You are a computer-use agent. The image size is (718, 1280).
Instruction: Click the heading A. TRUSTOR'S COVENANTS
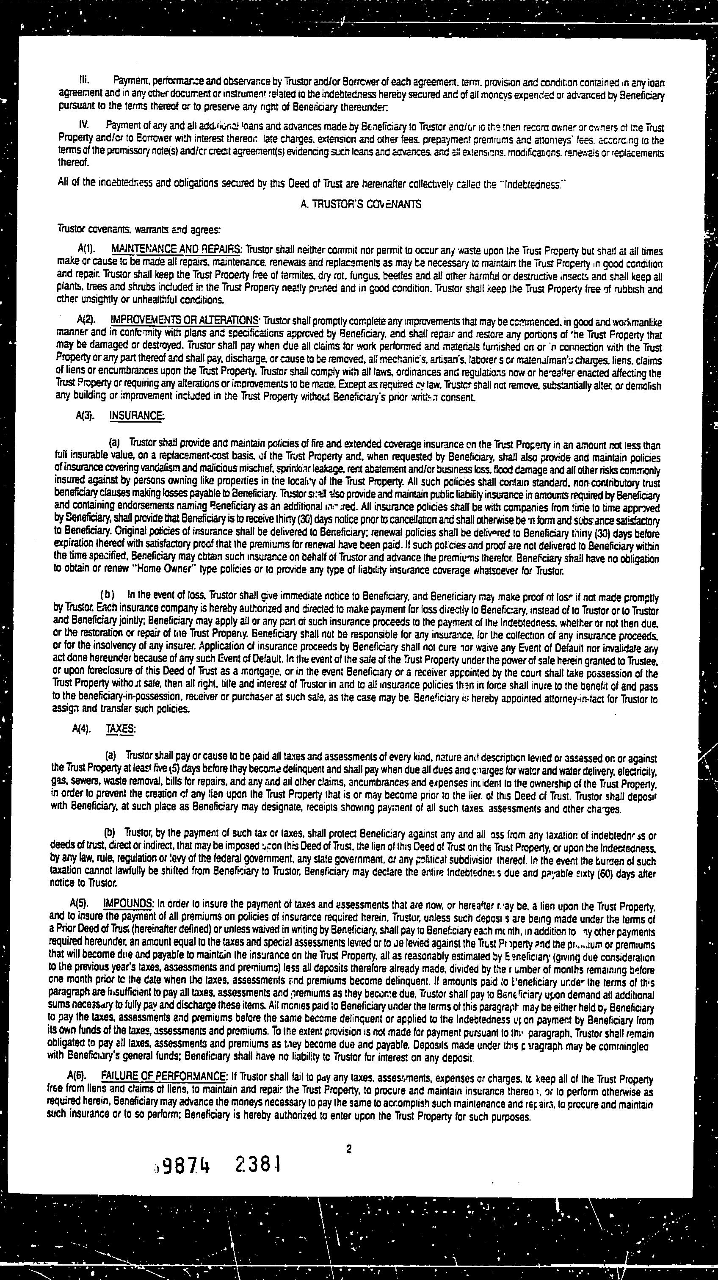coord(361,205)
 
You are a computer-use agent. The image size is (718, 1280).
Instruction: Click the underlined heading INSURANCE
coord(136,415)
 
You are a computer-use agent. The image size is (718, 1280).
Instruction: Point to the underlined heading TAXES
coord(120,729)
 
